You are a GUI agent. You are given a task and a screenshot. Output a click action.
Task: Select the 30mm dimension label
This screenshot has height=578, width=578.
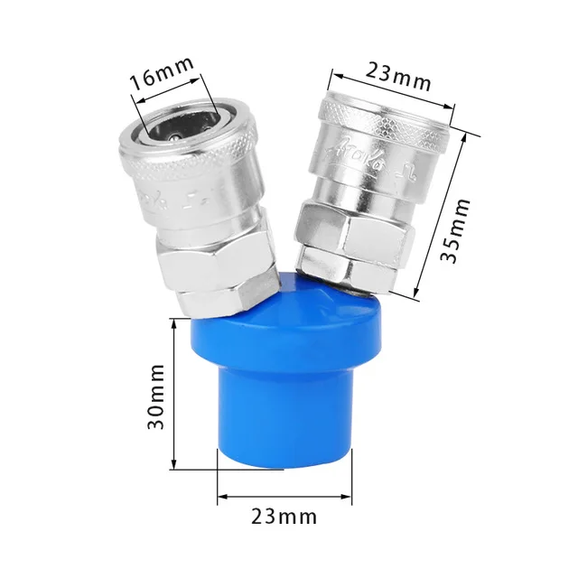pyautogui.click(x=155, y=396)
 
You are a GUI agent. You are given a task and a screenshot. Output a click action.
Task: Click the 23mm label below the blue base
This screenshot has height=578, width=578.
pyautogui.click(x=284, y=517)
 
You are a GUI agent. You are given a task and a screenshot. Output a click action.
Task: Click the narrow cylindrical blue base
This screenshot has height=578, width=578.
pyautogui.click(x=282, y=415)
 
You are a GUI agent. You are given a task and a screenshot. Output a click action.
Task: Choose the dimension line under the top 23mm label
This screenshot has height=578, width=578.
pyautogui.click(x=393, y=90)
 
